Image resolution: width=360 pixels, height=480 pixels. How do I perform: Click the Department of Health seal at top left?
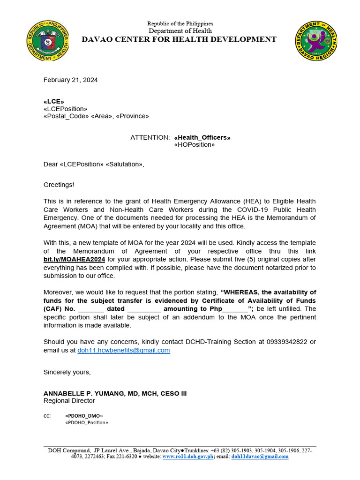point(47,41)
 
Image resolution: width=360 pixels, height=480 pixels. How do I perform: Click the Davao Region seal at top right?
point(316,41)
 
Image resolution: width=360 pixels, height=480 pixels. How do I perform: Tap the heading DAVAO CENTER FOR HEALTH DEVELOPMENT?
point(179,39)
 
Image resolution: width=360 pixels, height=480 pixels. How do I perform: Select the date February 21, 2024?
point(71,80)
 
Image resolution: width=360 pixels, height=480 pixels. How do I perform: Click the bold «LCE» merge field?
point(54,101)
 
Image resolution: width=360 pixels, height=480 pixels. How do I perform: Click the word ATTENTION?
point(150,137)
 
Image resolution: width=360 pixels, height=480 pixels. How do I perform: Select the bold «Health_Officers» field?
point(202,137)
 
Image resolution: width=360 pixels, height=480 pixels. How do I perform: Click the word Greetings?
point(59,185)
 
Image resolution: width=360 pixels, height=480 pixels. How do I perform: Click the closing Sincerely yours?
point(67,372)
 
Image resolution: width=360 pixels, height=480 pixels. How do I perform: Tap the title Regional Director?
point(69,401)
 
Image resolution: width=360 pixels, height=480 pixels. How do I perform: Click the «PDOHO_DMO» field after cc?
point(84,416)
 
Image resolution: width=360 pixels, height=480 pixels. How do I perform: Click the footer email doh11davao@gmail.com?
point(260,457)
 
